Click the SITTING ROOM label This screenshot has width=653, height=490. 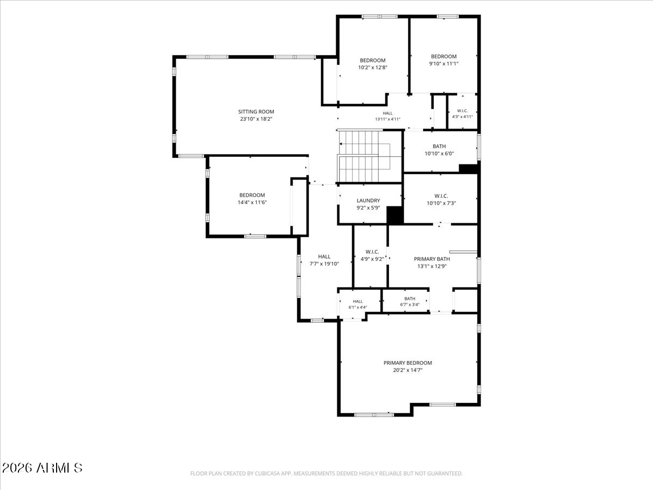coord(256,112)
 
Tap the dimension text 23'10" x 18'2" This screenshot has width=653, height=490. coord(256,119)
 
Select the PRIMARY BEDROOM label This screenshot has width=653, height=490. coord(408,363)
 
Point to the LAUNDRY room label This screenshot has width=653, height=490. coord(368,200)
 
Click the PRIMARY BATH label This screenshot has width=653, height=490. coord(432,259)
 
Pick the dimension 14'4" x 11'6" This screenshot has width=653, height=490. coord(252,203)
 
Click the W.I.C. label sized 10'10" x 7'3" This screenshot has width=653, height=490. coord(441,196)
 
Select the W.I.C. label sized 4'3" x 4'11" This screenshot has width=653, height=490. coord(463,111)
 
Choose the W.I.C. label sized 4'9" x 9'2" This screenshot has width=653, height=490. coord(372,252)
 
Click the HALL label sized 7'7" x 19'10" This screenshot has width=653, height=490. coord(324,256)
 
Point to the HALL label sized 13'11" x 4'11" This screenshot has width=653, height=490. coord(387,113)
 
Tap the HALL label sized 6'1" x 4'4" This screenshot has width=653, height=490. coord(358,302)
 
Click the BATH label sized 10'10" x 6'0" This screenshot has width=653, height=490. coord(439,146)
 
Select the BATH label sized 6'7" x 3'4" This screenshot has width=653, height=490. coord(410,298)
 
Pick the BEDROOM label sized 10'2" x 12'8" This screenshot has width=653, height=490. coord(372,60)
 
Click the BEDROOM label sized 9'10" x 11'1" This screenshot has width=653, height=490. coord(443,56)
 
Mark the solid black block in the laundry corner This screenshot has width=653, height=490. coord(395,215)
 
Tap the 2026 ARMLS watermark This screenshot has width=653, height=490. coord(42,468)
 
